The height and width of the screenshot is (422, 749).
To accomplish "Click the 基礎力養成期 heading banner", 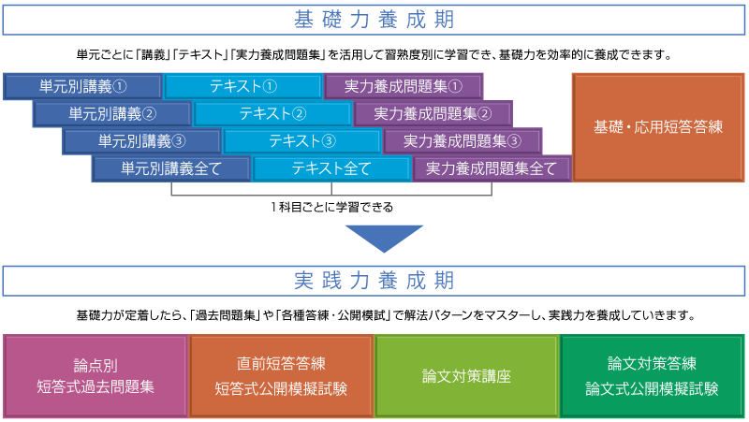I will [374, 20].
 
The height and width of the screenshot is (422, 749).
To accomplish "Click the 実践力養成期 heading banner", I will [374, 281].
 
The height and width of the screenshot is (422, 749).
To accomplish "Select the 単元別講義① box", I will [83, 86].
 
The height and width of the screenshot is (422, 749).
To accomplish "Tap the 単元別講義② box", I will [112, 114].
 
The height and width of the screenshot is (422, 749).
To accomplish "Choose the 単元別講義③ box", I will [142, 141].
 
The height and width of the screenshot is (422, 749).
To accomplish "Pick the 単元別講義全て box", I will [171, 169].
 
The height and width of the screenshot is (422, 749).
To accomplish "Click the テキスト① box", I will [243, 86].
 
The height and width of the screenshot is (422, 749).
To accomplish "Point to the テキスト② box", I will [272, 114].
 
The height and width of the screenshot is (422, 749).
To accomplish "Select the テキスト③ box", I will [302, 141].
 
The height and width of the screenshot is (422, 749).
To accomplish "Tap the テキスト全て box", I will [331, 169].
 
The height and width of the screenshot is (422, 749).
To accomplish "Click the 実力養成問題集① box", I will [404, 86].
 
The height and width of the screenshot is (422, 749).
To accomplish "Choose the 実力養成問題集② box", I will [433, 114].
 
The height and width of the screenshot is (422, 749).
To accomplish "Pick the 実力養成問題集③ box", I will [463, 141].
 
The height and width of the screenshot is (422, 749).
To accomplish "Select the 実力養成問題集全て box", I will [492, 169].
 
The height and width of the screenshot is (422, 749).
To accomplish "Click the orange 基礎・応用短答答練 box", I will [658, 126].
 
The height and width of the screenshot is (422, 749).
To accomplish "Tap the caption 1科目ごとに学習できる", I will [331, 207].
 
